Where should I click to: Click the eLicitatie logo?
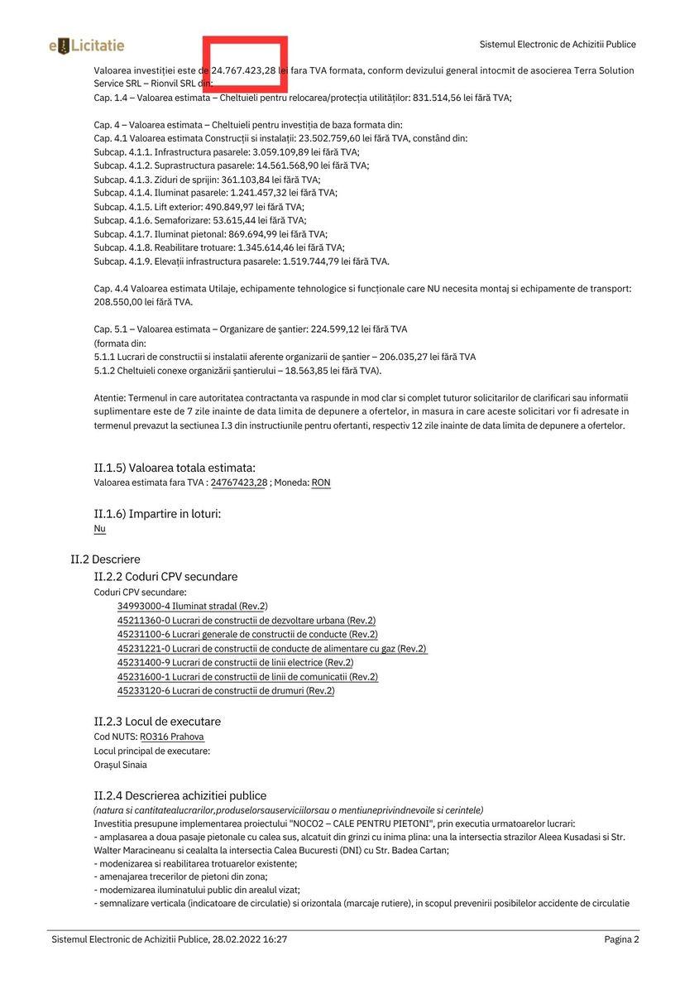[87, 46]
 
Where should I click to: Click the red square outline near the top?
[246, 65]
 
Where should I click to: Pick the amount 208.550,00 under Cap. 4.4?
[122, 302]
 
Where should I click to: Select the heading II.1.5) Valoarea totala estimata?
[175, 468]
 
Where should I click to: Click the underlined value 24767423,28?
[238, 482]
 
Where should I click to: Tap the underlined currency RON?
[321, 482]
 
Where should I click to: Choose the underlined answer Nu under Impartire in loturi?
[99, 528]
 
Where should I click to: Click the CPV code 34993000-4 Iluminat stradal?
[192, 606]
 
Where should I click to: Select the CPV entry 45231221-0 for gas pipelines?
[271, 649]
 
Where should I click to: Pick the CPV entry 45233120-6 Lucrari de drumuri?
[226, 690]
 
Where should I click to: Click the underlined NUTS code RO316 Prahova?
[171, 737]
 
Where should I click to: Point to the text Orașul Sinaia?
[120, 765]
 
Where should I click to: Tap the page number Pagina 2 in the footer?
[621, 939]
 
